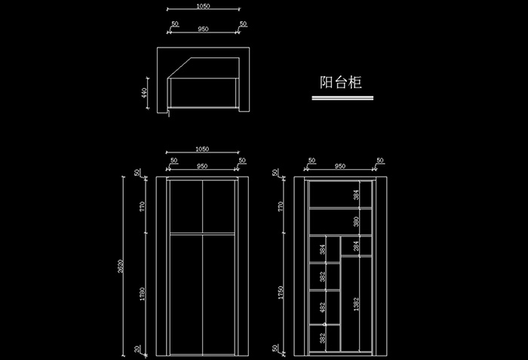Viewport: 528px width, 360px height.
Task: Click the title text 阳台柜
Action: pos(340,82)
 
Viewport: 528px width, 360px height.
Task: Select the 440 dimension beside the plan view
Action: pos(143,93)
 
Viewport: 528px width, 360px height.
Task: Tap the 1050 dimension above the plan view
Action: pos(202,6)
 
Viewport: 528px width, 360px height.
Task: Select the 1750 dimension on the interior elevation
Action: pos(281,292)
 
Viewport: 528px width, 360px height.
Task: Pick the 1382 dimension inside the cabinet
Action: pos(355,304)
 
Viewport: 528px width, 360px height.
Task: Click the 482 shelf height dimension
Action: pos(322,308)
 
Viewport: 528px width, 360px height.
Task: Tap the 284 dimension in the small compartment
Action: pos(355,246)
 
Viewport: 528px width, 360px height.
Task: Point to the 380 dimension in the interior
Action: pos(355,222)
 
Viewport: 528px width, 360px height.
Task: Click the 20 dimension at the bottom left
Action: pos(137,348)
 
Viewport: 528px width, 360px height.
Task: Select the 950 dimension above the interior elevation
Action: pos(340,165)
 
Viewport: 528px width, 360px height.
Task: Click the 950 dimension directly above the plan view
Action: pos(202,29)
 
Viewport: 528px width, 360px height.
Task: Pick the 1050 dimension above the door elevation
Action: pos(202,149)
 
